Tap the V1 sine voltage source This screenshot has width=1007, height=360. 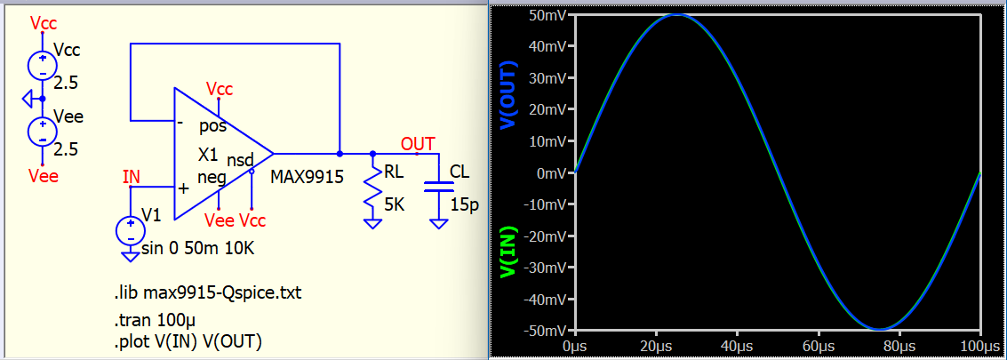(x=131, y=231)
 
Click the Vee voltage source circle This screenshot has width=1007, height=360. (x=43, y=132)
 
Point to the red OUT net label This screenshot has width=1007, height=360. (x=418, y=143)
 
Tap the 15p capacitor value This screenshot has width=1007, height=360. (x=464, y=205)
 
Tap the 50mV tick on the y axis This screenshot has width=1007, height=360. (x=547, y=16)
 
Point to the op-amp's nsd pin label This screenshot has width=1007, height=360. (x=241, y=157)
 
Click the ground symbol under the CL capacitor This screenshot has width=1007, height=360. (x=439, y=223)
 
